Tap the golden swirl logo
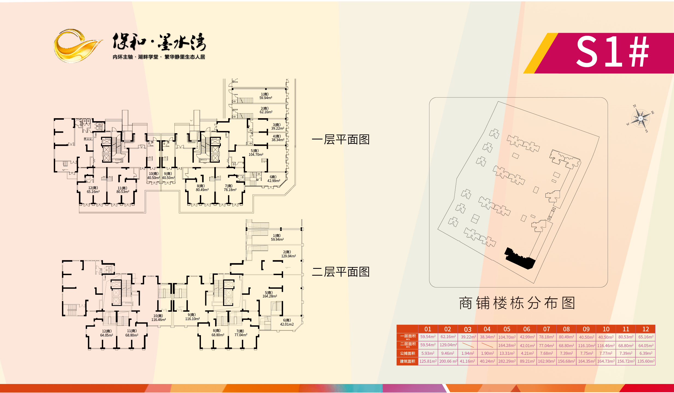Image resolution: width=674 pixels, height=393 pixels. [76, 46]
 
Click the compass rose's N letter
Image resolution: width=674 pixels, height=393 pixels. [634, 106]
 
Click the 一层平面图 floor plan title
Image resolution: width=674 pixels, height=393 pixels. [341, 139]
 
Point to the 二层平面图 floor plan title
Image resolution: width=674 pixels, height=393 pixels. [341, 272]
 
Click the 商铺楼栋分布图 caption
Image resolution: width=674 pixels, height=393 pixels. [517, 303]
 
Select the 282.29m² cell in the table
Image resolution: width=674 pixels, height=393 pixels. [507, 361]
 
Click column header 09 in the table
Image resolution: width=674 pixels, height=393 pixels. [586, 329]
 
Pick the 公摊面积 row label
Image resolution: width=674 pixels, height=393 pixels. [408, 353]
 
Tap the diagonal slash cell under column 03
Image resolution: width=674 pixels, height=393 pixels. [468, 345]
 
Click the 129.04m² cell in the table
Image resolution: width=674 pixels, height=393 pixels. [448, 345]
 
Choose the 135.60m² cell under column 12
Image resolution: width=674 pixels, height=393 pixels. [646, 361]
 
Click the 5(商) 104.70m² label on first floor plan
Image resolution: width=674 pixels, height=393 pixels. [256, 153]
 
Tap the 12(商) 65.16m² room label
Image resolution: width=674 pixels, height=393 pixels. [93, 190]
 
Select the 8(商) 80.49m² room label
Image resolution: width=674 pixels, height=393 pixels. [202, 188]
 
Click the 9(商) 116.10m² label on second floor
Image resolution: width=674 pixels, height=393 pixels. [192, 317]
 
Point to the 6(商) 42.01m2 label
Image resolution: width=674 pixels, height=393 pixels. [287, 322]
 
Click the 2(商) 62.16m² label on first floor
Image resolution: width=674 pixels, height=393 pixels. [266, 110]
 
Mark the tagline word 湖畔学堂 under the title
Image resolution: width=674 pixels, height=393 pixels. [148, 57]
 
